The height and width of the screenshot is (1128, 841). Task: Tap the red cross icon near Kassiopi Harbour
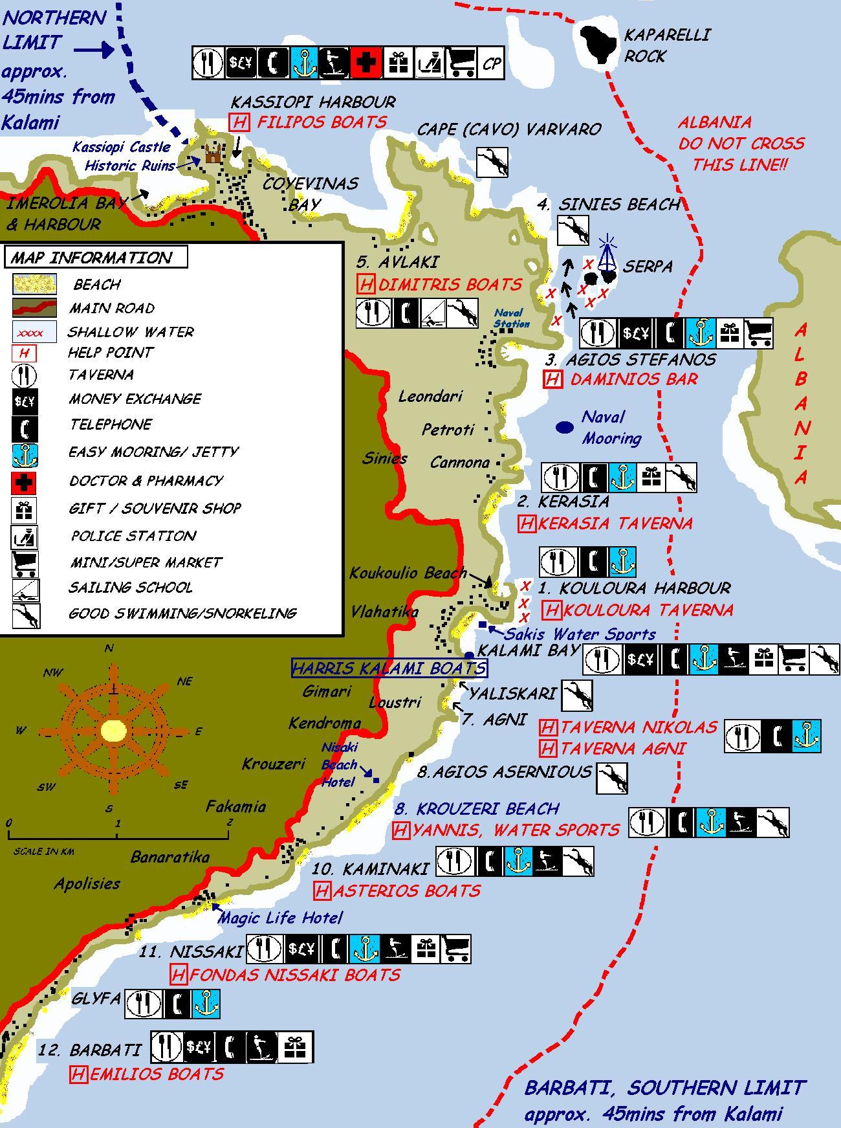(x=366, y=63)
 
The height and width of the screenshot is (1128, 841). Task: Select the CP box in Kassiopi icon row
(x=491, y=63)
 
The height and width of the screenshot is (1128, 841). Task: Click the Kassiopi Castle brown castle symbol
(x=213, y=153)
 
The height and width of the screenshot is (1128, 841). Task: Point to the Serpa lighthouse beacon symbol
(x=607, y=256)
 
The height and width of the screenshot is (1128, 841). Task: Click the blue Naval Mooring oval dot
(x=565, y=427)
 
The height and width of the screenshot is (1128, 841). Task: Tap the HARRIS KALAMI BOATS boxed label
(x=389, y=668)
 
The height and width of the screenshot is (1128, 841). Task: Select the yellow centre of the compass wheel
(x=114, y=731)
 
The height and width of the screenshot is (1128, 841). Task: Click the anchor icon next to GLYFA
(x=206, y=1004)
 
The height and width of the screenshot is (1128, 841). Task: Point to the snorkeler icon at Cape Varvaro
(x=492, y=162)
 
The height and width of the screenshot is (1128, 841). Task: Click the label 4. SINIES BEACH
(x=608, y=205)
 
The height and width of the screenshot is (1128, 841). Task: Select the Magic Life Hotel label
(x=281, y=918)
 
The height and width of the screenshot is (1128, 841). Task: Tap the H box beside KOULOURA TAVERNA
(x=551, y=610)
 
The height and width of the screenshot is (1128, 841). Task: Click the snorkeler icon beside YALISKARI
(x=576, y=696)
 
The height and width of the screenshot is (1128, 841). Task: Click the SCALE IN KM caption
(x=44, y=852)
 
